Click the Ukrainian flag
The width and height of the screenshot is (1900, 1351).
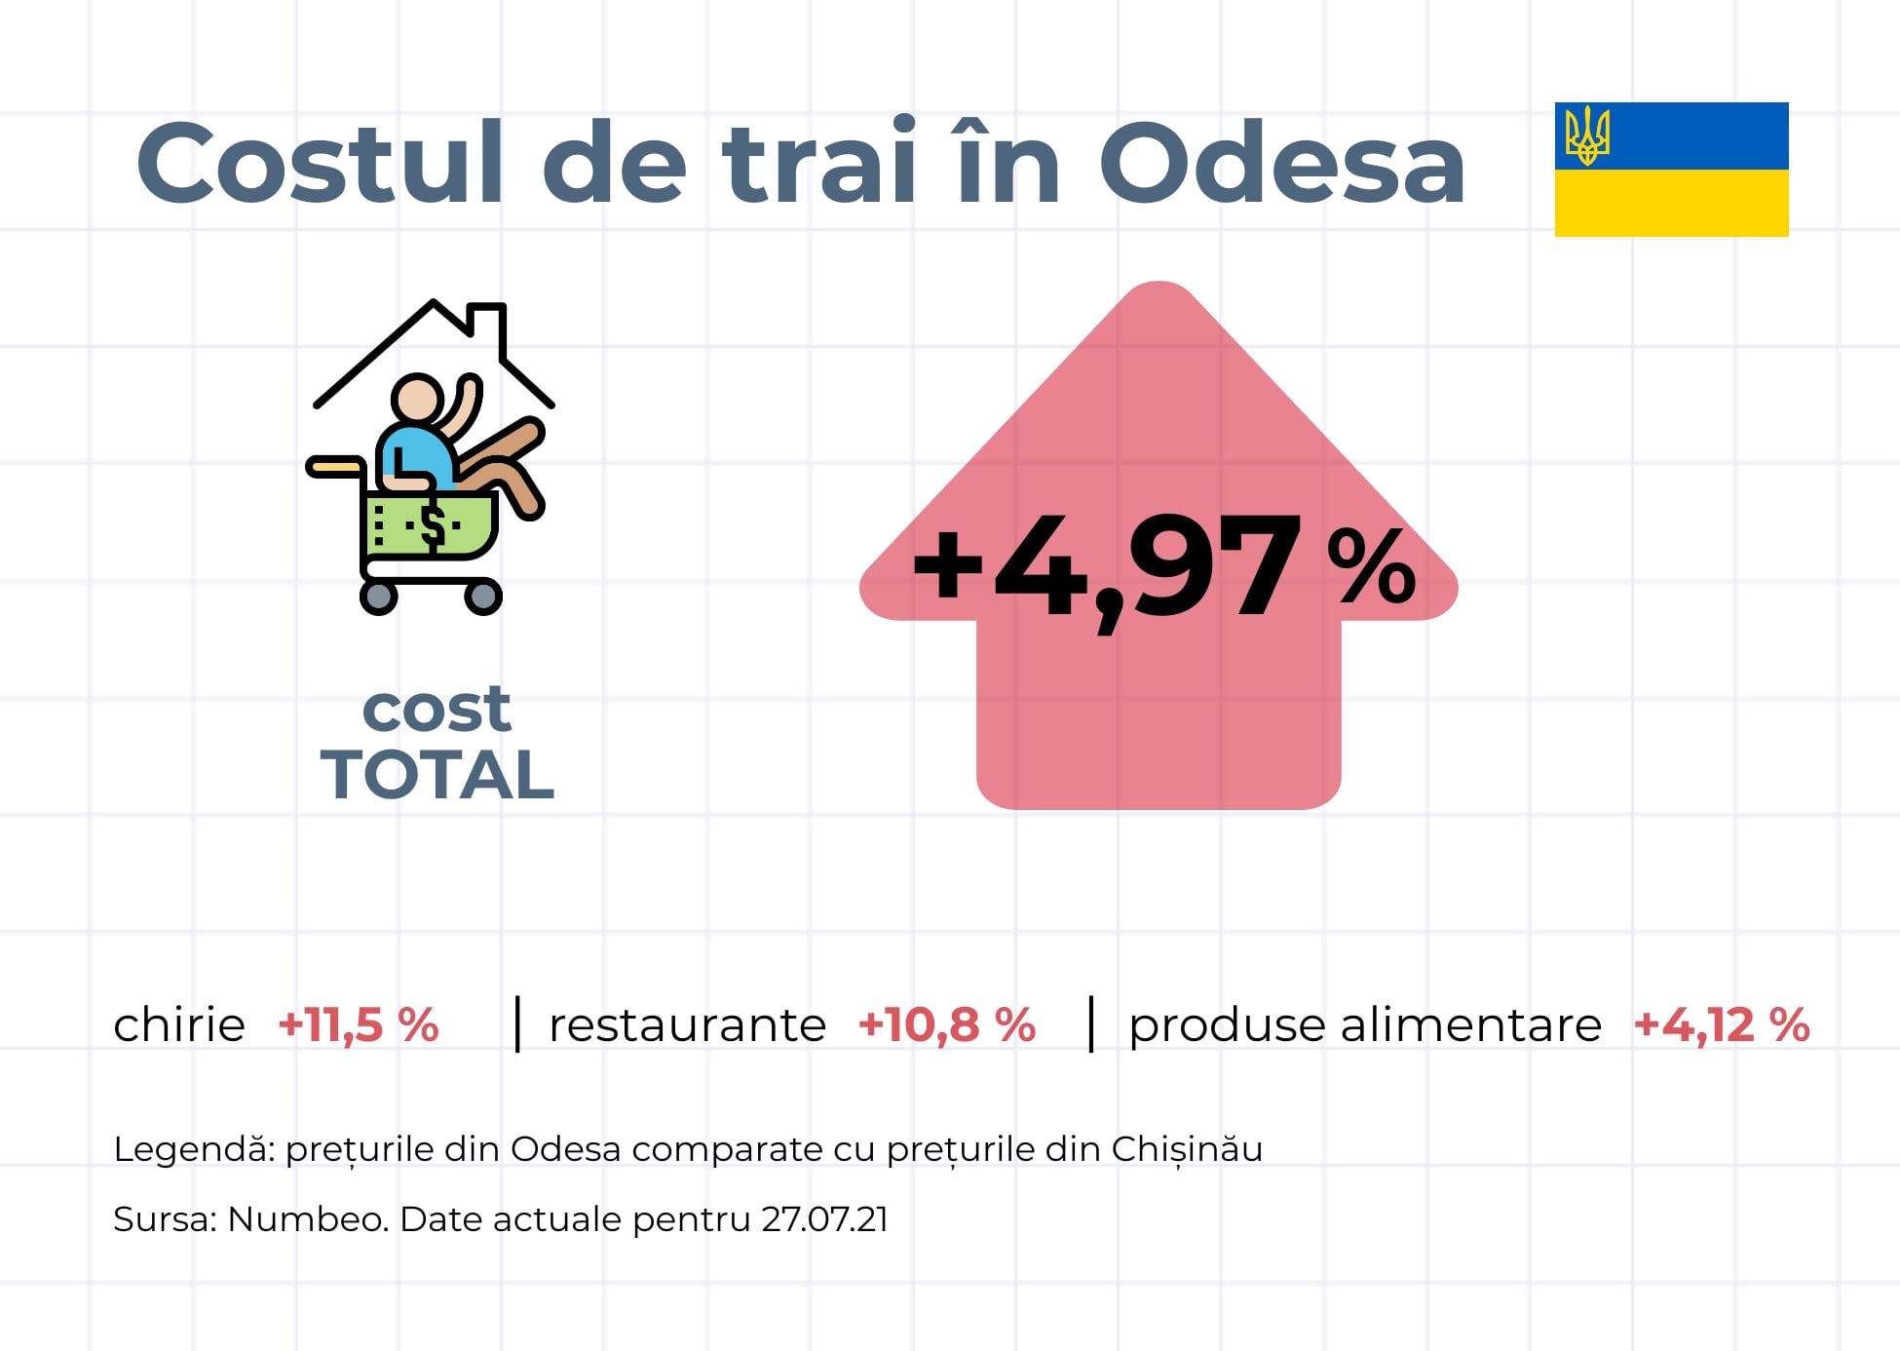[1671, 170]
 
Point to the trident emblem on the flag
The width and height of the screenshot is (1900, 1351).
[1587, 135]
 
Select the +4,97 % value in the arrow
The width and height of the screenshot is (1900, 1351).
[1163, 569]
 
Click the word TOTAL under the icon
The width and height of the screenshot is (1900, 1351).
[437, 775]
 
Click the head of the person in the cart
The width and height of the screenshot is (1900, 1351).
[417, 399]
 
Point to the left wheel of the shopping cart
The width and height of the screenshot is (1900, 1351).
[379, 596]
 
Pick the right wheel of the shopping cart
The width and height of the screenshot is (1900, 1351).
[482, 596]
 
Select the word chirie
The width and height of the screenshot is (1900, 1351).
[179, 1024]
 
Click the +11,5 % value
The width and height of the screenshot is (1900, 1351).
[359, 1025]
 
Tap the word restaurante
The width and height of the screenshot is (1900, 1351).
[688, 1025]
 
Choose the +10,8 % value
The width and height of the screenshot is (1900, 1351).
[947, 1025]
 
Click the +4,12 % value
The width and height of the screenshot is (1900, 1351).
[1722, 1025]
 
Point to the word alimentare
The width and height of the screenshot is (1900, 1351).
[1471, 1024]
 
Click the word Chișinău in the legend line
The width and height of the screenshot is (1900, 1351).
[1187, 1149]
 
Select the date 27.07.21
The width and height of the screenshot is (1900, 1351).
[825, 1219]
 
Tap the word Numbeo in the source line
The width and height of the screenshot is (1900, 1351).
[308, 1219]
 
